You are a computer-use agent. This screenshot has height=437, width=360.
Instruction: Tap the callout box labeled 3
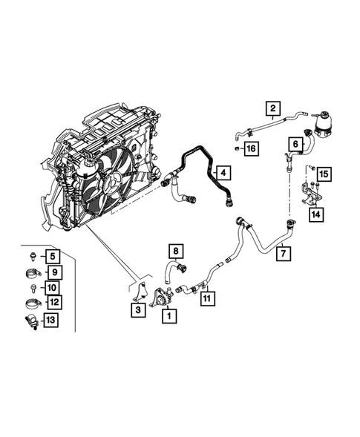coord(138,310)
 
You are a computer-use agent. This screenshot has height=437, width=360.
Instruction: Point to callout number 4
coord(221,174)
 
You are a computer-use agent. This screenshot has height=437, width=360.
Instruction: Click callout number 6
coord(295,144)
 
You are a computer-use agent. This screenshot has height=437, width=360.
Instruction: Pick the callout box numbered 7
coord(283,254)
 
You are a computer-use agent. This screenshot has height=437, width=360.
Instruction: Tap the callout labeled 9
coord(53,272)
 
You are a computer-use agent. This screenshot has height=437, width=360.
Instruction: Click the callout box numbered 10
coord(53,287)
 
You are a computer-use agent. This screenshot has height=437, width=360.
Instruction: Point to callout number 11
coord(209,298)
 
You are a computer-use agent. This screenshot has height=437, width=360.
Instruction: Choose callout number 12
coord(53,302)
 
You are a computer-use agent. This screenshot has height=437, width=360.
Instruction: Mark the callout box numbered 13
coord(53,320)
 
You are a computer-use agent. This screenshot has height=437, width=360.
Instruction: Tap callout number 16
coord(251,149)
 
